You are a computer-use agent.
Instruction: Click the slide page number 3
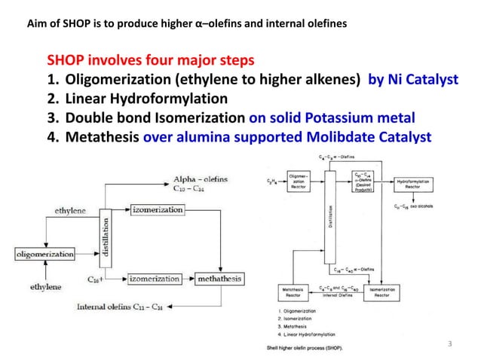tap(449, 344)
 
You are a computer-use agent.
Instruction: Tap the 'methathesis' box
tap(219, 278)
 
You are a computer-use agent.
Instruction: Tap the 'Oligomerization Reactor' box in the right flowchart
tap(299, 185)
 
